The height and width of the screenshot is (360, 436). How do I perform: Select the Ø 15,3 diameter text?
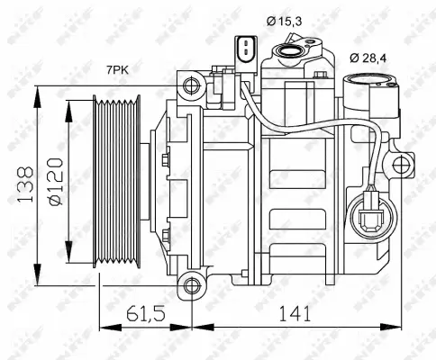tap(285, 19)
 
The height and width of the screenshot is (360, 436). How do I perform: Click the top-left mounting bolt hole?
tap(190, 85)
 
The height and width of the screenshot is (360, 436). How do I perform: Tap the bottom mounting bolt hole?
tap(190, 287)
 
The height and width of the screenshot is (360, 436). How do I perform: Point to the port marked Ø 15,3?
tap(292, 55)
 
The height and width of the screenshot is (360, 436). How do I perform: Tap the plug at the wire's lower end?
tap(370, 219)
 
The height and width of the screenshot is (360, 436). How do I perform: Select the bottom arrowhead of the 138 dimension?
tap(36, 279)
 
